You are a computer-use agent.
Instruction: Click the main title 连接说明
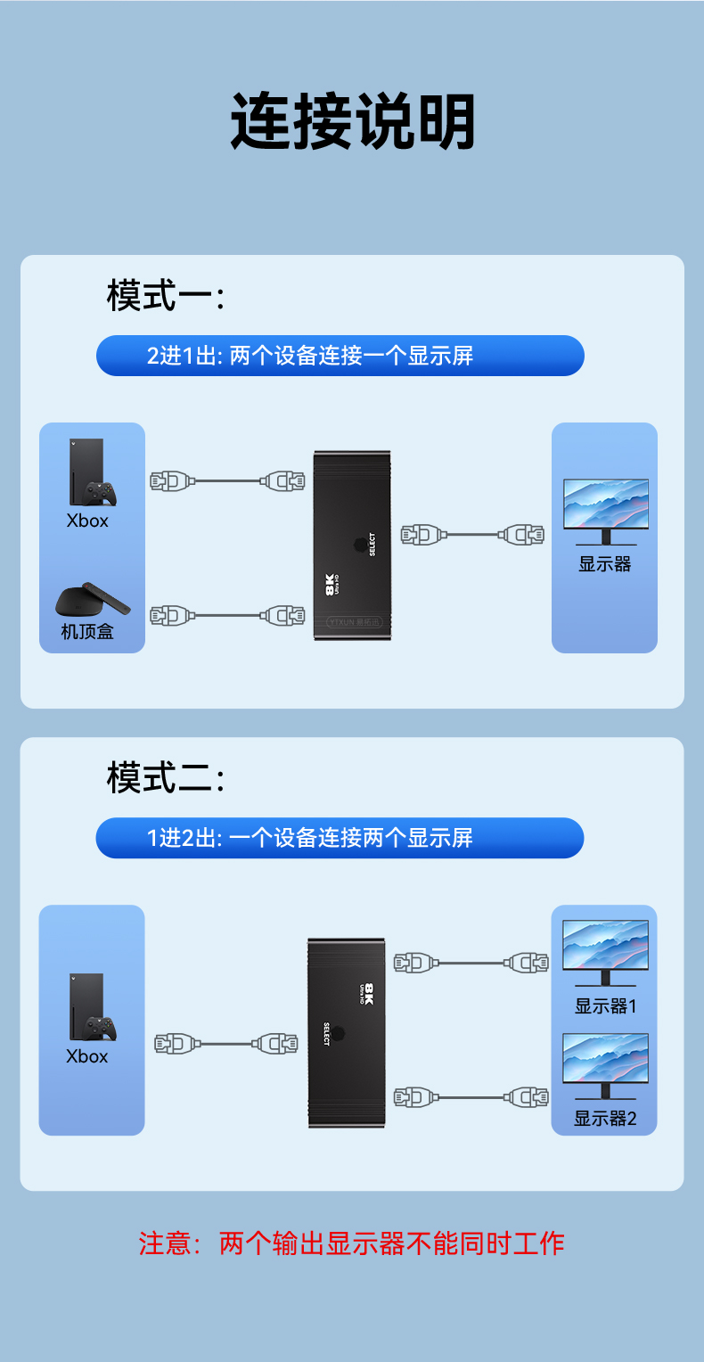(x=352, y=121)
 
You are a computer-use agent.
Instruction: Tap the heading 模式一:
(x=165, y=295)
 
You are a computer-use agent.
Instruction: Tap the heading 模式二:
(x=165, y=777)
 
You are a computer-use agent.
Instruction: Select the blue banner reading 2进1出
(x=340, y=356)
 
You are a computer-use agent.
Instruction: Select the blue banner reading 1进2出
(x=340, y=838)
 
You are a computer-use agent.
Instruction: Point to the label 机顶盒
(x=87, y=632)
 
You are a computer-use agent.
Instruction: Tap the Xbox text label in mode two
(x=87, y=1056)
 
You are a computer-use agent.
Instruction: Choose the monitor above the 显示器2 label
(x=606, y=1064)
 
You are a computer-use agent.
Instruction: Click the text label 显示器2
(x=605, y=1119)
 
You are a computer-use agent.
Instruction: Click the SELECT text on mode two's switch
(x=327, y=1034)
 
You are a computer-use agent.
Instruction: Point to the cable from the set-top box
(x=227, y=615)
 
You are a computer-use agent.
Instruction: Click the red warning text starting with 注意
(x=352, y=1243)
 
